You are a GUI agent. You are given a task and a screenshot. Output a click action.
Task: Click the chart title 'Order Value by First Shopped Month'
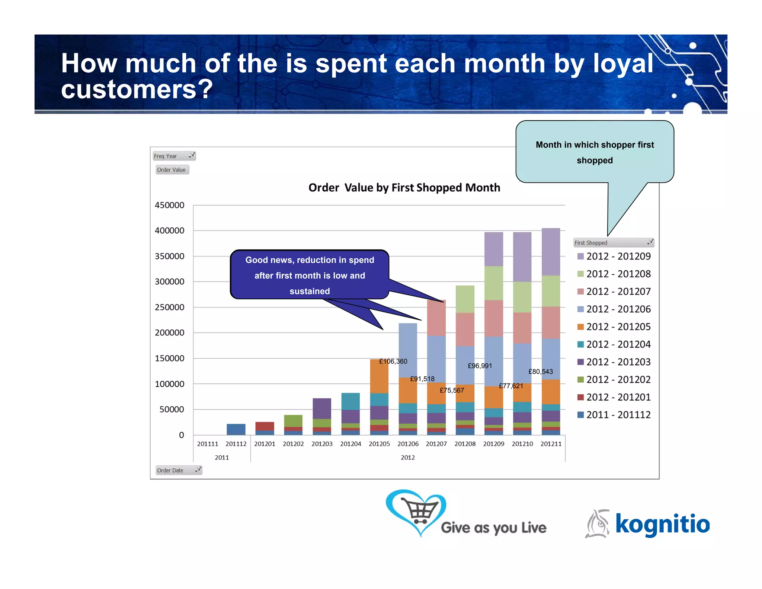pyautogui.click(x=404, y=188)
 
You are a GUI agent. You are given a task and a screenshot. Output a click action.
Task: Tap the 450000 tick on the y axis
pyautogui.click(x=169, y=205)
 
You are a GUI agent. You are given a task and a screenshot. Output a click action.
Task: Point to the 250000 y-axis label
pyautogui.click(x=169, y=307)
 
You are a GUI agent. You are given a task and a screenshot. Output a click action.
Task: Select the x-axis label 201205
pyautogui.click(x=379, y=444)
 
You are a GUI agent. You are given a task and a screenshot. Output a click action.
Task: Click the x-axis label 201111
pyautogui.click(x=208, y=444)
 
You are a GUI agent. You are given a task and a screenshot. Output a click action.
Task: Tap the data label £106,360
pyautogui.click(x=393, y=361)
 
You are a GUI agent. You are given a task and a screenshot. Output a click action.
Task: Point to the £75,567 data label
pyautogui.click(x=452, y=390)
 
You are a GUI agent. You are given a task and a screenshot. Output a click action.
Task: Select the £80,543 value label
pyautogui.click(x=540, y=372)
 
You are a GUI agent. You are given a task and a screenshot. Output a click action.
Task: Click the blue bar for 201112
pyautogui.click(x=236, y=429)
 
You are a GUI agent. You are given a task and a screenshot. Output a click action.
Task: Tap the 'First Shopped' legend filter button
pyautogui.click(x=614, y=243)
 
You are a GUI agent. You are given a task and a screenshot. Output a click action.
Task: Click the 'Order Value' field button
pyautogui.click(x=172, y=170)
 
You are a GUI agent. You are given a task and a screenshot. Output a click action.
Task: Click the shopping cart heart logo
pyautogui.click(x=416, y=512)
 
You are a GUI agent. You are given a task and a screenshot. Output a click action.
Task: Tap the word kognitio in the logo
pyautogui.click(x=662, y=524)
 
